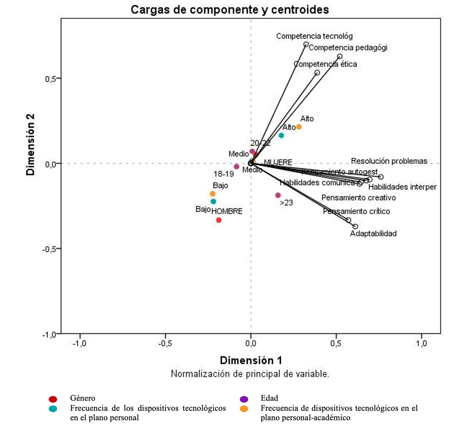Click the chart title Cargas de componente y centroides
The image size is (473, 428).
coord(230,10)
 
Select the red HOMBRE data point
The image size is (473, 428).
coord(219,220)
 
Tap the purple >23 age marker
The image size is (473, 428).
coord(278,195)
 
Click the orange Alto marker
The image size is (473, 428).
coord(299,127)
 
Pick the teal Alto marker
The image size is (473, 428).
coord(281,136)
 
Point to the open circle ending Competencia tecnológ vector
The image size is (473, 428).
coord(306,44)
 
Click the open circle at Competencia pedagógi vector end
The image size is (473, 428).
coord(340,56)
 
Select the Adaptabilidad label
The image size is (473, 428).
coord(373,233)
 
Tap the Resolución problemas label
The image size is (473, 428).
coord(389,161)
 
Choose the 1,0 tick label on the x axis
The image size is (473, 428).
coord(421,344)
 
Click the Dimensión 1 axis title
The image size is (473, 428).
coord(251,360)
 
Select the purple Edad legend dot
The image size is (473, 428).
coord(244,399)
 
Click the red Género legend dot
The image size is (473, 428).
coord(53,399)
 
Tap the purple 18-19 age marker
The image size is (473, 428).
coord(236,167)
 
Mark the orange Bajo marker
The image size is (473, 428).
coord(213,194)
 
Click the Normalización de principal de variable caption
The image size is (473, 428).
coord(250,374)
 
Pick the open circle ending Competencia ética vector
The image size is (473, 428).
coord(317,73)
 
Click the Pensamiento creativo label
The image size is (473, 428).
coord(359,198)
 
